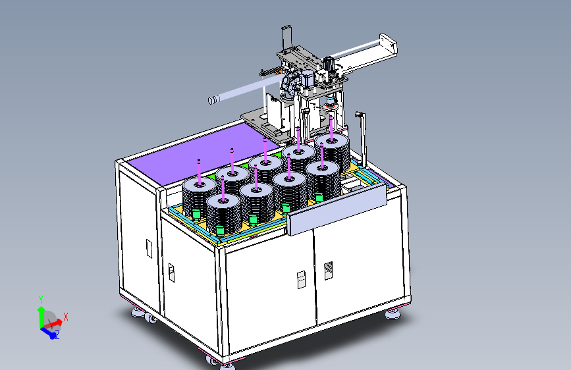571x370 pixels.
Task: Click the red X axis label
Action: tap(66, 317)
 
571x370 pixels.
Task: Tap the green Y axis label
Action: tap(41, 300)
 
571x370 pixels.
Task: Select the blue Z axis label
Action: tap(57, 334)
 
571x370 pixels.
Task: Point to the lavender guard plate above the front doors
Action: tap(337, 209)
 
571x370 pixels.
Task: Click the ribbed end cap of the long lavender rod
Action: tap(213, 99)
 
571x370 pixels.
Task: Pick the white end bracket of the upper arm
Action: tap(388, 45)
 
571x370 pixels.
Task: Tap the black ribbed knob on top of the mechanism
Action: tap(328, 63)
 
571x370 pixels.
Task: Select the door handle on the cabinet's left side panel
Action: tap(149, 248)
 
